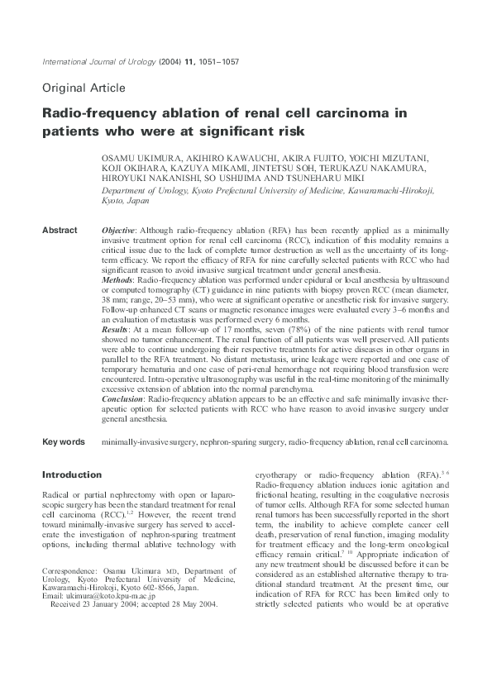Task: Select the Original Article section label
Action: tap(84, 88)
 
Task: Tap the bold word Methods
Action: tap(117, 281)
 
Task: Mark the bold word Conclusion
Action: tap(123, 398)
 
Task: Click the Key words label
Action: tap(64, 442)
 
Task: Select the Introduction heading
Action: tap(72, 475)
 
